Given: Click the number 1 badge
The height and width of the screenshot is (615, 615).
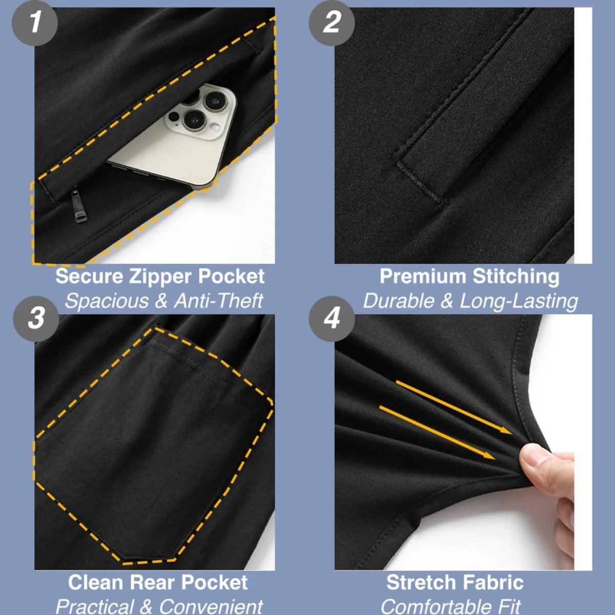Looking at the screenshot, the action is point(34,23).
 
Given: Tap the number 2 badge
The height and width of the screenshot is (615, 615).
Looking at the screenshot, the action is point(332,23).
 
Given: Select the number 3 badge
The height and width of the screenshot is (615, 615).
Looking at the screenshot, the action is point(36,318).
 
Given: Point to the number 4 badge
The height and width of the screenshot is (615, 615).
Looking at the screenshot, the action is point(332,318).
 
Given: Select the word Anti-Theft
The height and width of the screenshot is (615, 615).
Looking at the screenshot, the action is point(218,301).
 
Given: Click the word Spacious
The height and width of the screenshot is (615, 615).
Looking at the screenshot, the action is point(107,301).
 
